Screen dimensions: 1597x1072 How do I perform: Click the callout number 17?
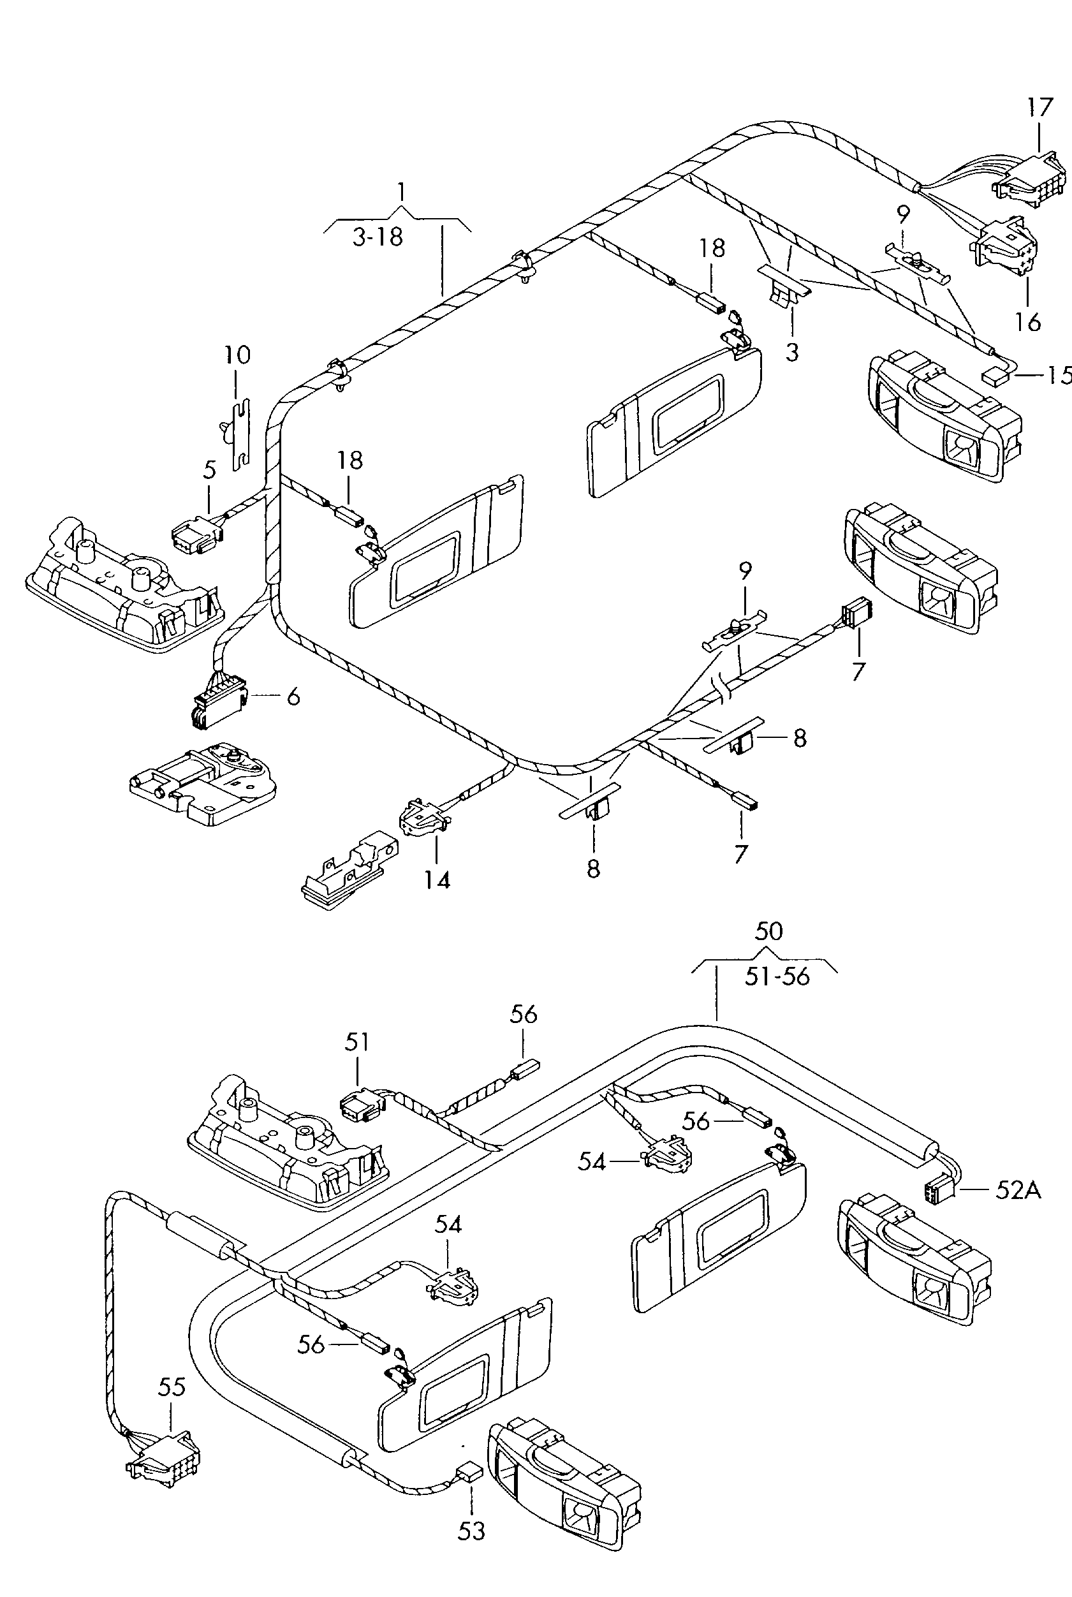pyautogui.click(x=1040, y=107)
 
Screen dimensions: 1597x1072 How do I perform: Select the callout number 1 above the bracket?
pyautogui.click(x=401, y=191)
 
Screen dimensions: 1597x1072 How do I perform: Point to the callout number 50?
pyautogui.click(x=768, y=931)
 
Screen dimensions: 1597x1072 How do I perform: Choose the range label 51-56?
pyautogui.click(x=777, y=976)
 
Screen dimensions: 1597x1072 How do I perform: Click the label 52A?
pyautogui.click(x=1018, y=1190)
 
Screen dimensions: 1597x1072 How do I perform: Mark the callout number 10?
pyautogui.click(x=237, y=355)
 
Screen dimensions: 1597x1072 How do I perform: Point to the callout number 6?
pyautogui.click(x=293, y=696)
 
